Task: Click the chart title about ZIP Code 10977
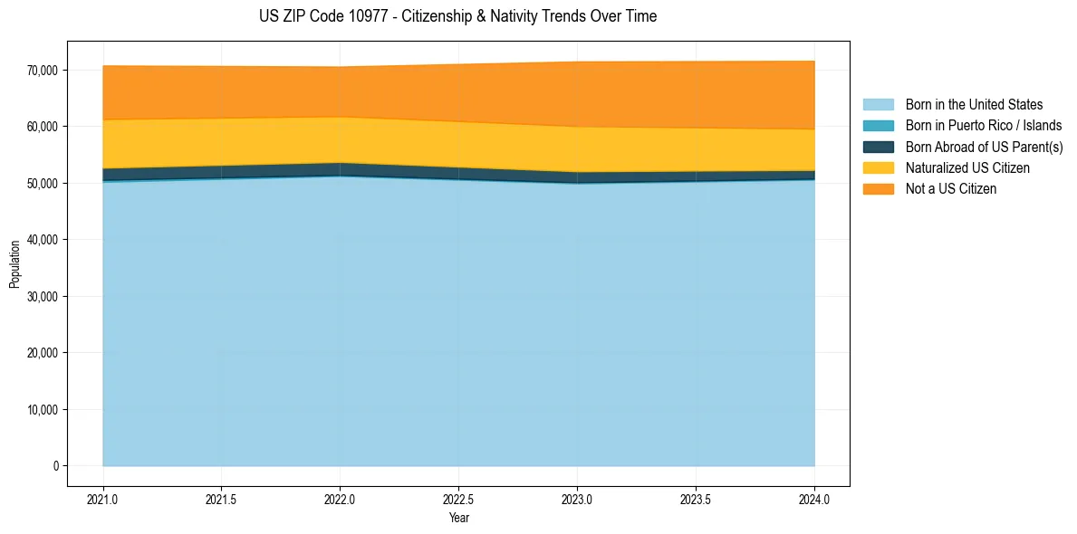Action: (x=457, y=16)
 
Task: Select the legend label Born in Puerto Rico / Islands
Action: (x=984, y=126)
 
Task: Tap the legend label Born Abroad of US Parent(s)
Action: (x=984, y=147)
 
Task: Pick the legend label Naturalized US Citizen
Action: (x=967, y=168)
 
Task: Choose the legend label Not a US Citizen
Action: (x=951, y=189)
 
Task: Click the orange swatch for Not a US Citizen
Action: (x=878, y=189)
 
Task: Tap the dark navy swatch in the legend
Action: (x=878, y=147)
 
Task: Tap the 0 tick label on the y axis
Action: (x=54, y=466)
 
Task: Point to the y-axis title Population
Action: (x=14, y=264)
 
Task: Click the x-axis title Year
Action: (x=459, y=519)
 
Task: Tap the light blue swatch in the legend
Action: (x=878, y=105)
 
